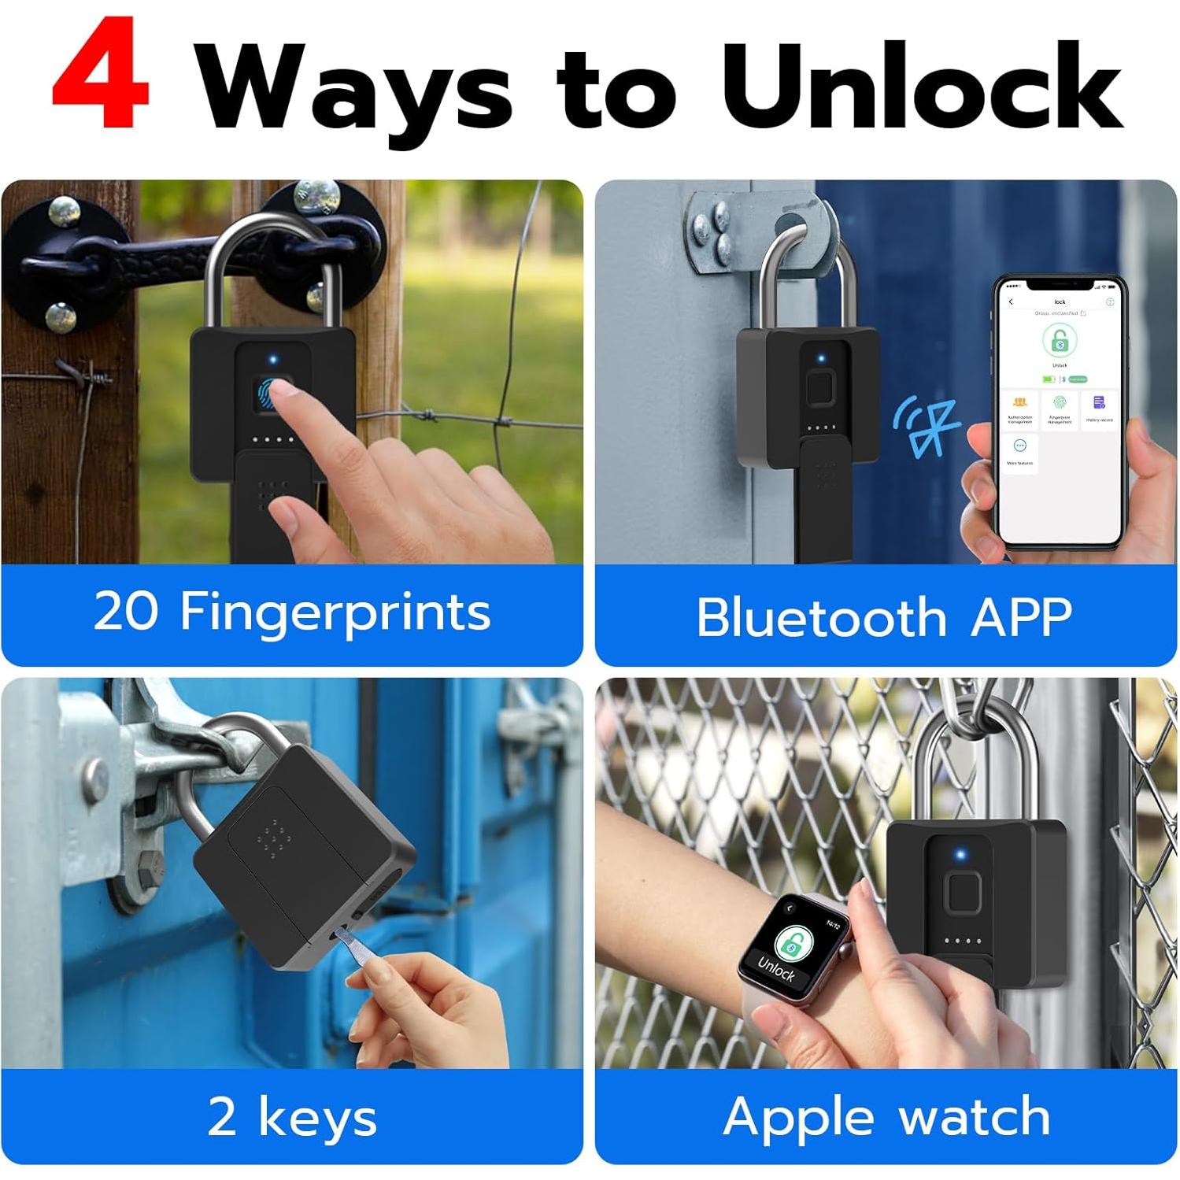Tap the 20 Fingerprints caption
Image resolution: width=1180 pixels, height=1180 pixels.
click(292, 612)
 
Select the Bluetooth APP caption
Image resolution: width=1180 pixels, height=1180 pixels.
click(884, 617)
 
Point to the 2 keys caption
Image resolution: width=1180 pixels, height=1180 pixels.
click(292, 1117)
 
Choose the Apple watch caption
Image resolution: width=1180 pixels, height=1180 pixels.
click(886, 1117)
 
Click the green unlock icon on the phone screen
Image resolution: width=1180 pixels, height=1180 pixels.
click(1060, 341)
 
